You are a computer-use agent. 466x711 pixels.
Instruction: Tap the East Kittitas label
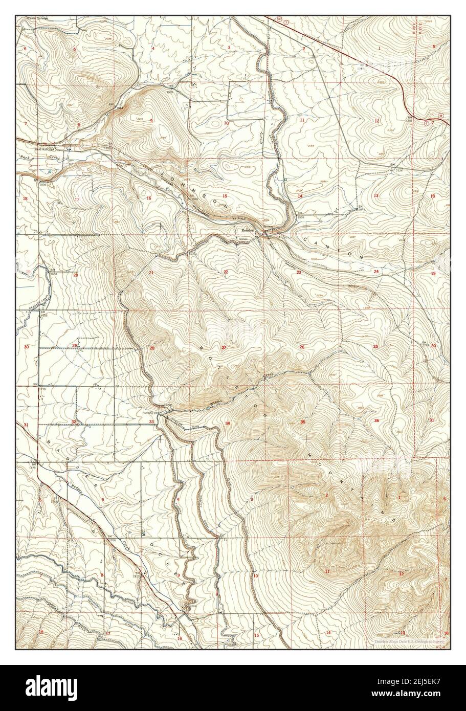[44, 149]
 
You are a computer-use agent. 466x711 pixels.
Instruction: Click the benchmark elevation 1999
[301, 217]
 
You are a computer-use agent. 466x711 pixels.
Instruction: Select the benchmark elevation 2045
[361, 210]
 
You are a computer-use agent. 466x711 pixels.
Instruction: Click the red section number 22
[226, 272]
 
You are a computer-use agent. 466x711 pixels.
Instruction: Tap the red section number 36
[376, 420]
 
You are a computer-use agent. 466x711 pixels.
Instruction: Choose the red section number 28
[152, 348]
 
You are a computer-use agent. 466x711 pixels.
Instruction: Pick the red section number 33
[151, 421]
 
